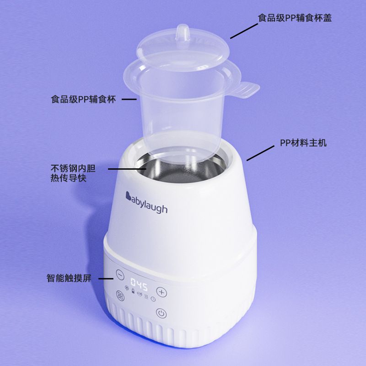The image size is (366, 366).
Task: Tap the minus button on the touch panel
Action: (x=120, y=275)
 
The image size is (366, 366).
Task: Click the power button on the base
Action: (x=161, y=313)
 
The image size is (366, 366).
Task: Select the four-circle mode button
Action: (x=120, y=296)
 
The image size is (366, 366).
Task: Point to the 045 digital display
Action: (x=139, y=285)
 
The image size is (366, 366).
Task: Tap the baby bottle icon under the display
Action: (x=133, y=291)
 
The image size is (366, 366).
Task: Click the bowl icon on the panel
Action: (x=140, y=294)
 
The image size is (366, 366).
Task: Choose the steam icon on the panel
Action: (x=146, y=296)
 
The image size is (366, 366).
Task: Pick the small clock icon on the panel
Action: (x=153, y=299)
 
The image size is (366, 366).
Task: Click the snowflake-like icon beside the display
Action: (x=127, y=288)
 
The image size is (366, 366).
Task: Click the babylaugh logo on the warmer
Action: (x=146, y=203)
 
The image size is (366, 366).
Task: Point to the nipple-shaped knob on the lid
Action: (x=182, y=33)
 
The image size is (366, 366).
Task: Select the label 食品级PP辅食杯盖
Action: (x=295, y=18)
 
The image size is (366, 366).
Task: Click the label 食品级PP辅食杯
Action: (x=83, y=99)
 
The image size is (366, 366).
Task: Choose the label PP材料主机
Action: (x=303, y=143)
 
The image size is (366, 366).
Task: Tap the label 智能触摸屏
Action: (x=69, y=278)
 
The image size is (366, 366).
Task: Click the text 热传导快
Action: (x=68, y=178)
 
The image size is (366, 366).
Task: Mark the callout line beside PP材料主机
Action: (x=260, y=153)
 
